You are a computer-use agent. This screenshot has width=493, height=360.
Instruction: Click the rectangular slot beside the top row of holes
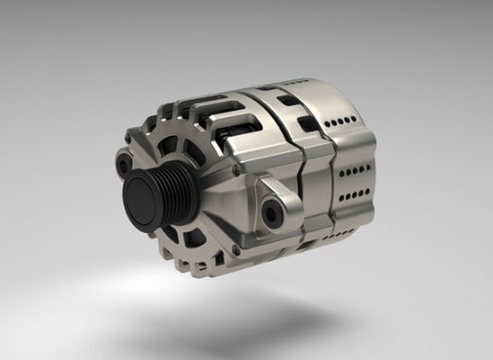(x=308, y=124)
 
